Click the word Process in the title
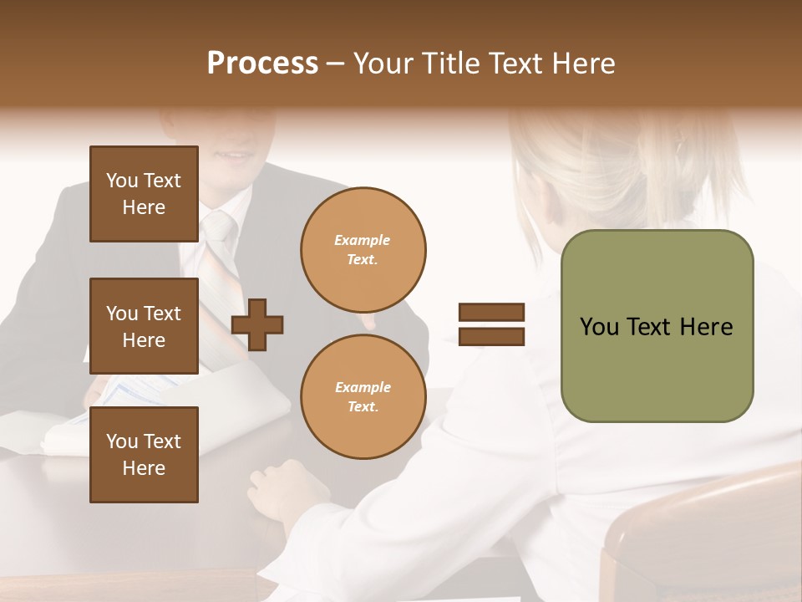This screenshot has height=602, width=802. click(262, 64)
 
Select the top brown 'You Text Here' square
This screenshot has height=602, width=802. click(144, 194)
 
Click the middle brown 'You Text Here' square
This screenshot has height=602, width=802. click(144, 326)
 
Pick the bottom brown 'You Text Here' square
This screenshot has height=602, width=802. click(144, 455)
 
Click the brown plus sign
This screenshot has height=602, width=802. click(257, 324)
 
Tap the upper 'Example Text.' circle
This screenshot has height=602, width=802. click(363, 250)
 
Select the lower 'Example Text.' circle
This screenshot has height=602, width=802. click(363, 396)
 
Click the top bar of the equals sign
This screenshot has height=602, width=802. click(491, 312)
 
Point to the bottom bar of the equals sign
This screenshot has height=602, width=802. click(491, 336)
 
